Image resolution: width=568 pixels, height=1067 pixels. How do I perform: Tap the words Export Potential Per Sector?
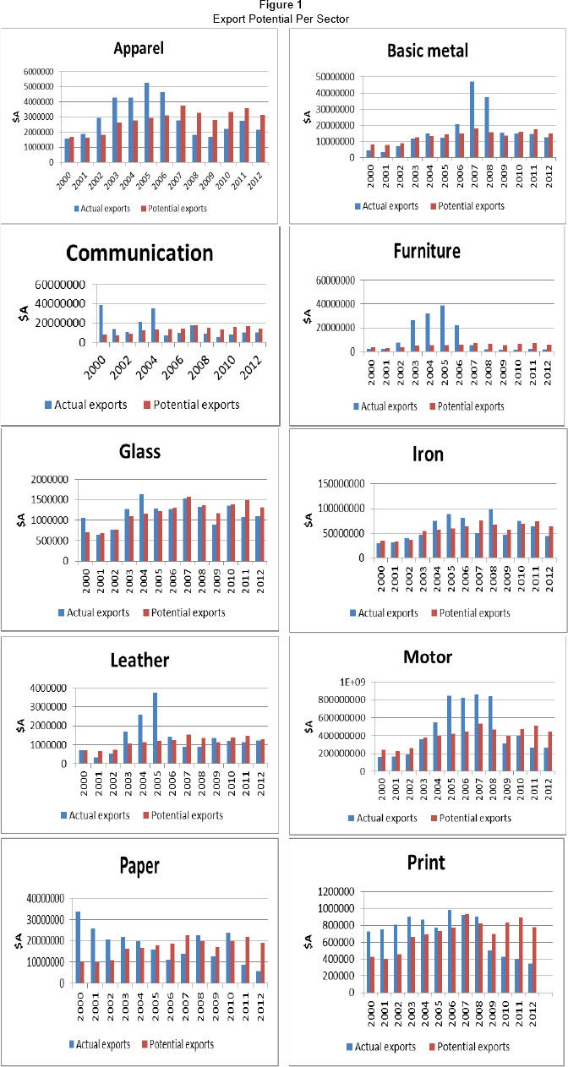pyautogui.click(x=284, y=17)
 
